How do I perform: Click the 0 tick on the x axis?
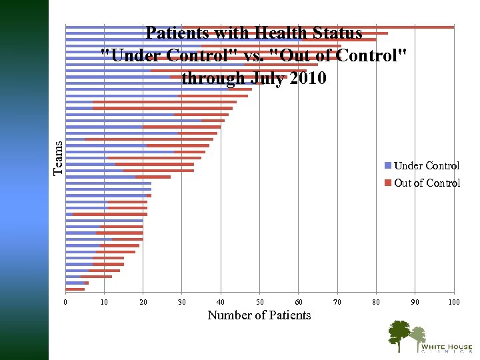(x=65, y=302)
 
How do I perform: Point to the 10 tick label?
(x=104, y=302)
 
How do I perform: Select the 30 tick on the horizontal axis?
(x=182, y=302)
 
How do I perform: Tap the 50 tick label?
(x=260, y=302)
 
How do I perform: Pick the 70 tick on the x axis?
(x=337, y=302)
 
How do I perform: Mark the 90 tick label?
(x=415, y=302)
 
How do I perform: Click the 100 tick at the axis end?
(x=454, y=302)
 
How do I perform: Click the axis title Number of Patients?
(x=259, y=315)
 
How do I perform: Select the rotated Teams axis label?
(x=59, y=158)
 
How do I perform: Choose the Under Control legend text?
(x=427, y=165)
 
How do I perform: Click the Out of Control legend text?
(x=427, y=183)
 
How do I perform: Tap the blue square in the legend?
(x=388, y=165)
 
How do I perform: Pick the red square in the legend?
(x=388, y=183)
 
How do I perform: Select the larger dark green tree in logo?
(x=399, y=333)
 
